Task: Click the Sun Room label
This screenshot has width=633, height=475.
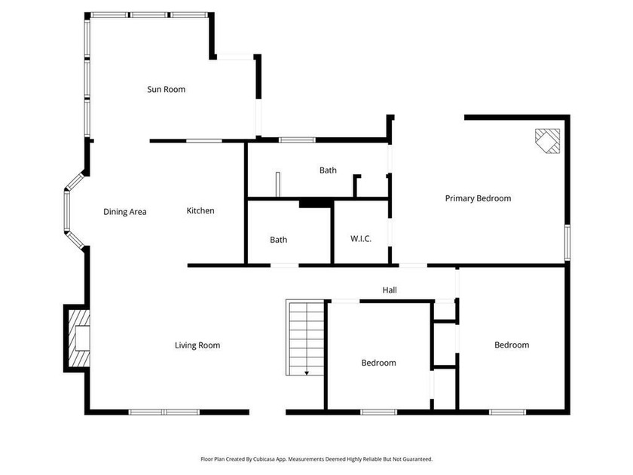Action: pos(166,89)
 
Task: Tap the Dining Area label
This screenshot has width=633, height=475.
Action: pos(125,212)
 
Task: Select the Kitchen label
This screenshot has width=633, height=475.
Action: pos(200,211)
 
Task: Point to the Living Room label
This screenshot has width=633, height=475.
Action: pos(197,345)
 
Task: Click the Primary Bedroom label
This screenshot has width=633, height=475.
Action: pos(478,198)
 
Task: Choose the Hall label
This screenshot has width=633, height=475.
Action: pos(390,290)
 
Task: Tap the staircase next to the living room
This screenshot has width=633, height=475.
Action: pos(304,336)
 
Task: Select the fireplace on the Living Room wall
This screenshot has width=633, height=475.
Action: pos(78,337)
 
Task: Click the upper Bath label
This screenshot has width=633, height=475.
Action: pos(328,170)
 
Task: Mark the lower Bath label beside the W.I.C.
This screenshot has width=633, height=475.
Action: pos(279,240)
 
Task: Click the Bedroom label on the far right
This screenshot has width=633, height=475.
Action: pos(512,345)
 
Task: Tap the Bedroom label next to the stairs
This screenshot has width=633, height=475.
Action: pos(378,363)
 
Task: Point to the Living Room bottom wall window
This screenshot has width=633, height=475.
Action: pos(164,412)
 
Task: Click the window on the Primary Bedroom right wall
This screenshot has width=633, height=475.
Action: pos(567,244)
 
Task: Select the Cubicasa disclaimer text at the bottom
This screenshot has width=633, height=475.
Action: pos(316,458)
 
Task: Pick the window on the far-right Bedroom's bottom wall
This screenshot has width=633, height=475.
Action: pos(507,412)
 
